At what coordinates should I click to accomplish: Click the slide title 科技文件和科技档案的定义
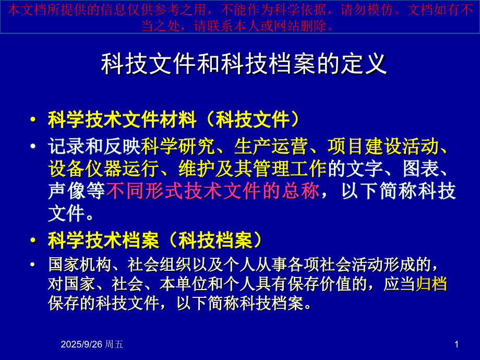tap(244, 64)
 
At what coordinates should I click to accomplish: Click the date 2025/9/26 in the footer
tap(81, 344)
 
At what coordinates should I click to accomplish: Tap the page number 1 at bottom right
tap(457, 344)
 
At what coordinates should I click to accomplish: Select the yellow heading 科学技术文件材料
tap(122, 119)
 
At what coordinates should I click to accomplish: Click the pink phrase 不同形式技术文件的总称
tap(212, 191)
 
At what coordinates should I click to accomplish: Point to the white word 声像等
tap(76, 191)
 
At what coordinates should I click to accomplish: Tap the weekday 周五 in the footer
tap(114, 344)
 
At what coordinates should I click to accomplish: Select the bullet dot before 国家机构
tap(33, 265)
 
